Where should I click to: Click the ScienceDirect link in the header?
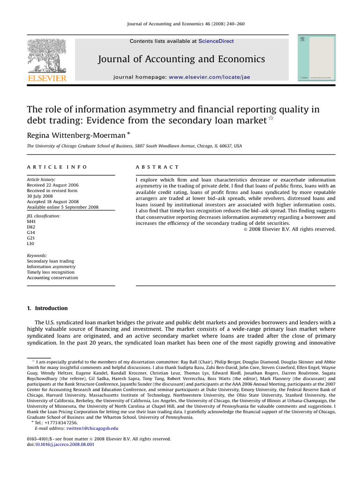tap(216, 41)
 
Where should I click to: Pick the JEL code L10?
tap(31, 244)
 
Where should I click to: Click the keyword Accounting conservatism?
tap(52, 278)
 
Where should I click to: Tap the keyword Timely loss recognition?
tap(51, 272)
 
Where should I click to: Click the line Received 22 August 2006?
tap(52, 185)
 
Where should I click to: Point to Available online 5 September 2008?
tap(62, 207)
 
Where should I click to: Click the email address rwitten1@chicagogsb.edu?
tap(92, 428)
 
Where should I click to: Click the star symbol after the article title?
tap(271, 119)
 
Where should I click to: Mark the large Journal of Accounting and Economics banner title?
tap(181, 59)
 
